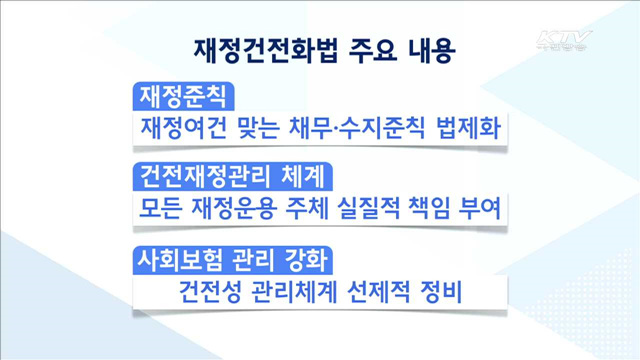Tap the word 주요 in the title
[x=346, y=48]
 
